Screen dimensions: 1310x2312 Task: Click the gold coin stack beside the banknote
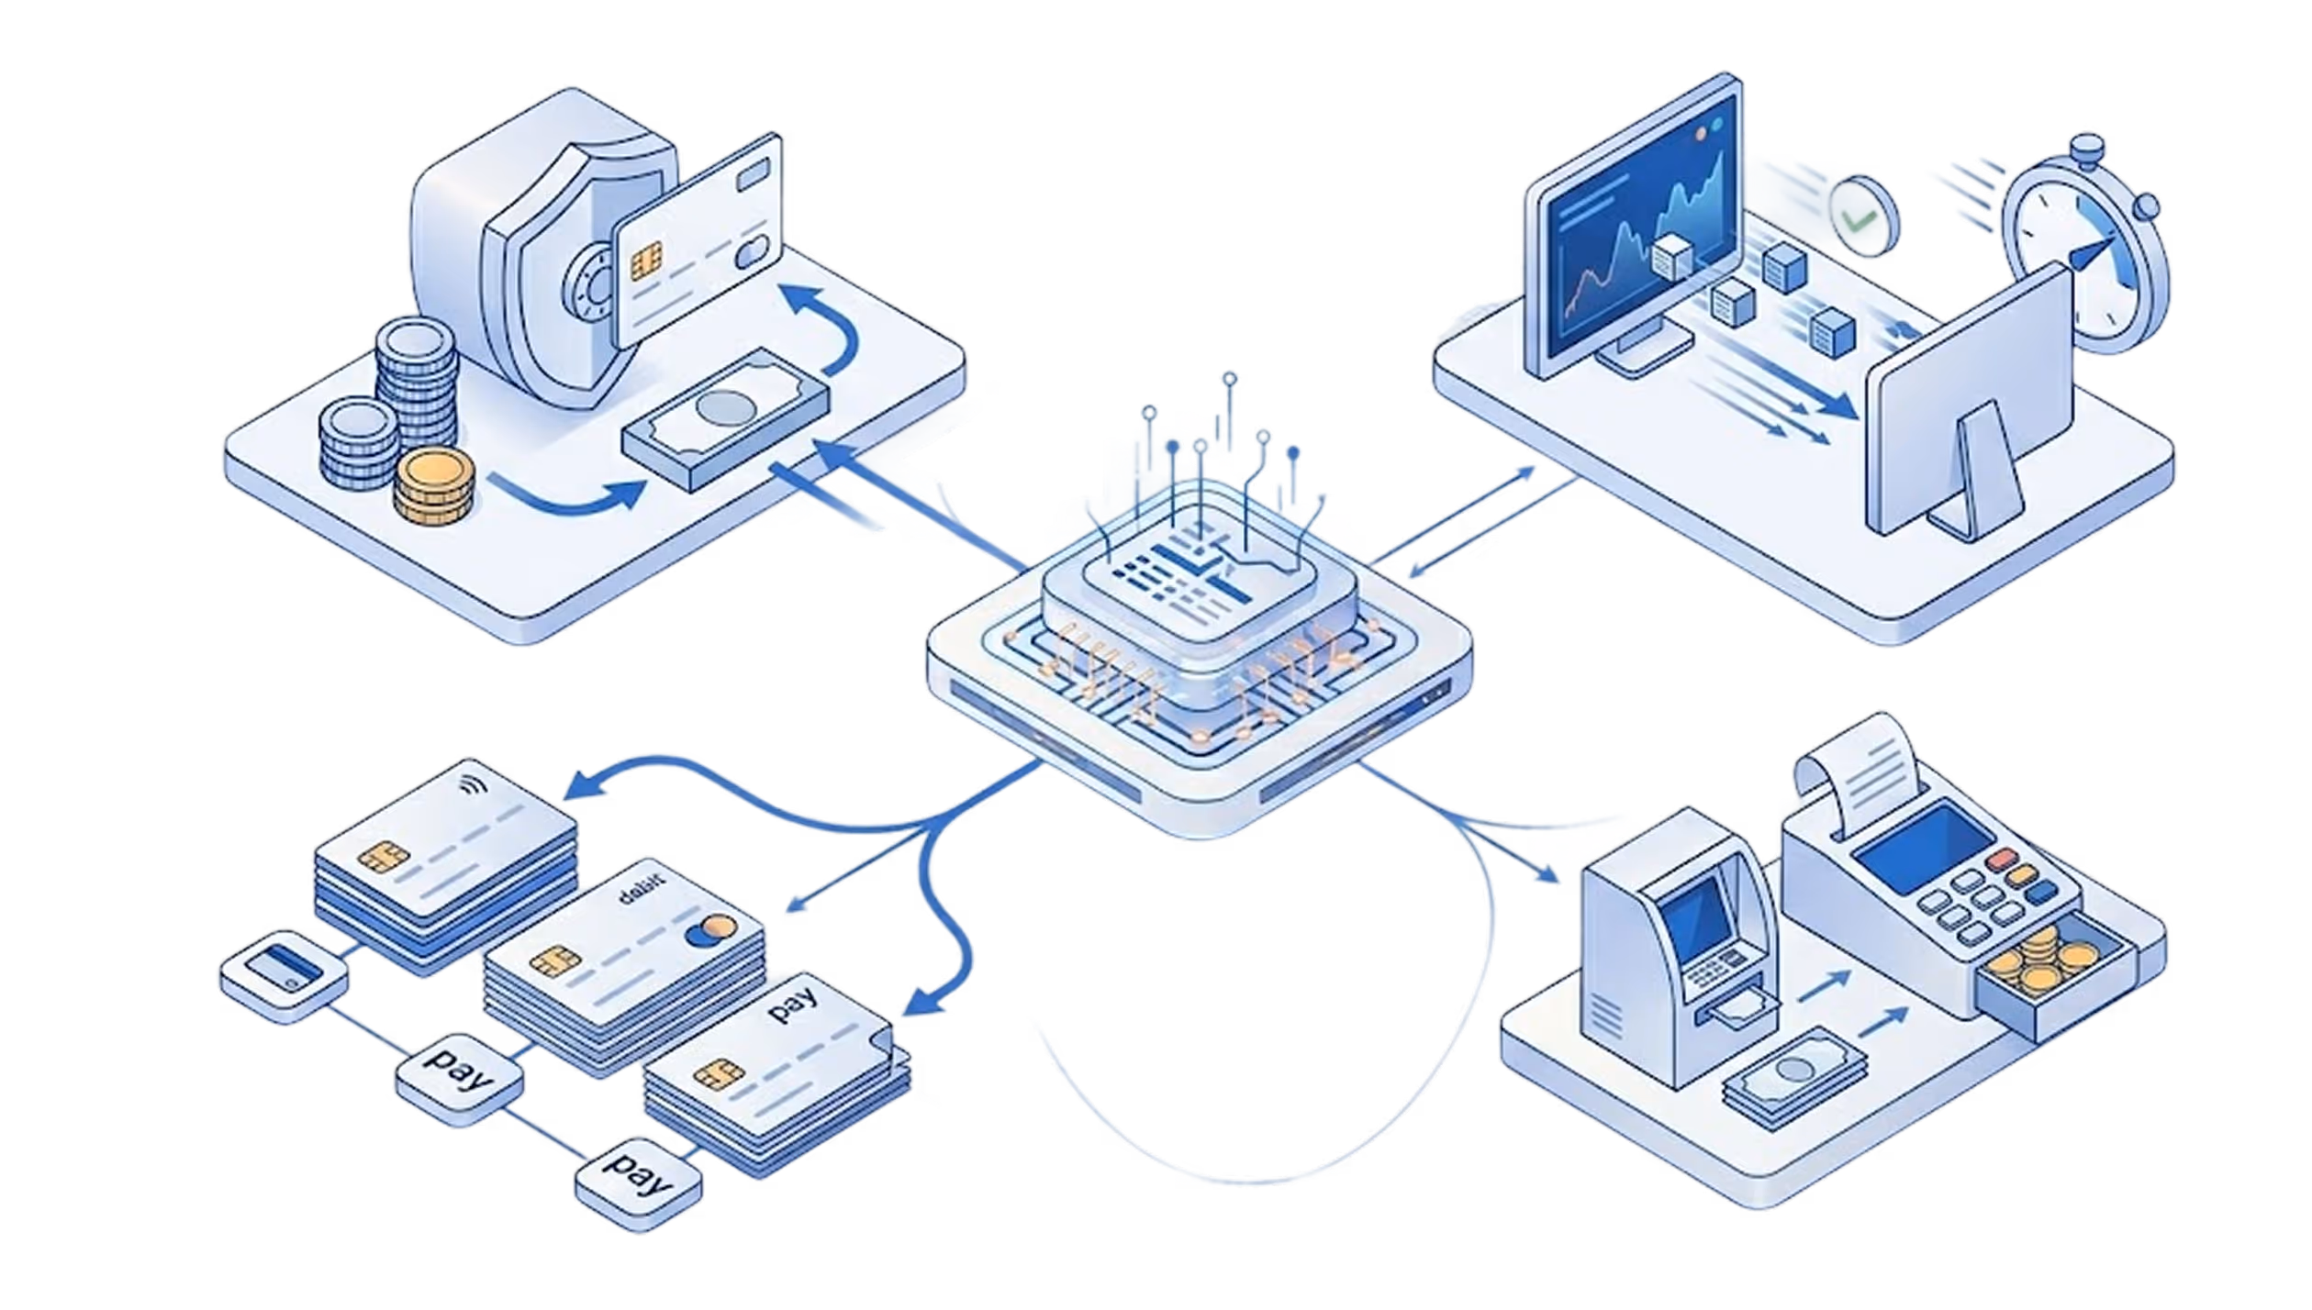click(x=434, y=486)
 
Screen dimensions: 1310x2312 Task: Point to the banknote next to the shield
click(x=725, y=418)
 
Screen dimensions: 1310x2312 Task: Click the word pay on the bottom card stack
click(x=793, y=1004)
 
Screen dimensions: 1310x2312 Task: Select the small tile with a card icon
click(x=284, y=976)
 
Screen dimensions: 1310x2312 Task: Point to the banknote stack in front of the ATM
click(x=1794, y=1074)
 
